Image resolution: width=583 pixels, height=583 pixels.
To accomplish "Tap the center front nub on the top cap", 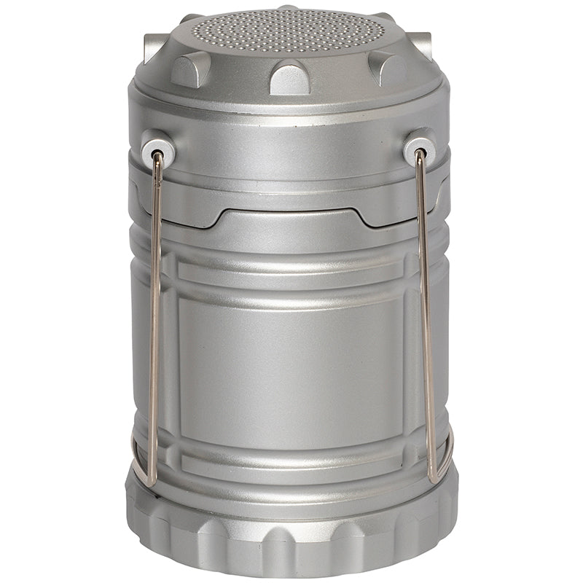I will pyautogui.click(x=289, y=78).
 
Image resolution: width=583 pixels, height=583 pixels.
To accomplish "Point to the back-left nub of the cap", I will pyautogui.click(x=154, y=48).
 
